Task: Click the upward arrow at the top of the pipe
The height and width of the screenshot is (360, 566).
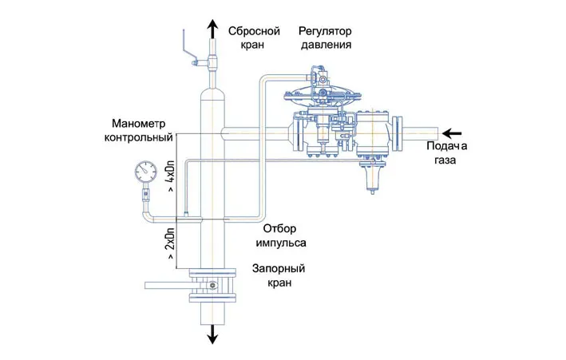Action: pos(212,29)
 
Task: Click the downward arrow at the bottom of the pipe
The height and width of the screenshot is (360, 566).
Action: pos(212,334)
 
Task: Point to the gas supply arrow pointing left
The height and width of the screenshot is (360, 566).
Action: pos(452,133)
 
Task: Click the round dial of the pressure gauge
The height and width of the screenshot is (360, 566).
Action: pos(146,172)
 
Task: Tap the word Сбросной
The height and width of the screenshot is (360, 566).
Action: pos(254,31)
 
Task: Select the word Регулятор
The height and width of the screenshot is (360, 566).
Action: pos(325,31)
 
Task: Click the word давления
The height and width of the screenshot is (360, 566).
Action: pos(326,45)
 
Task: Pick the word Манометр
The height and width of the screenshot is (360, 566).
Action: pos(139,124)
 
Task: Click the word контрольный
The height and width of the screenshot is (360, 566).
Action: pos(139,137)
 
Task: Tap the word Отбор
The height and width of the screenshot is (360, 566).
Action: pos(279,228)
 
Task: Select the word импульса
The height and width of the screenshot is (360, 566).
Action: pos(281,243)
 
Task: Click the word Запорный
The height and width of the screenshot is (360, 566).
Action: pos(279,269)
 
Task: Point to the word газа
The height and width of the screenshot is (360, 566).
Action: pos(445,160)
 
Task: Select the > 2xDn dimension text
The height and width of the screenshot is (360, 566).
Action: pos(171,243)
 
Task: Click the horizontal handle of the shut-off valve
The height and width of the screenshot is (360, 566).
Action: pos(168,285)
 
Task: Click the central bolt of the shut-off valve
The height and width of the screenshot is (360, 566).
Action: pos(212,286)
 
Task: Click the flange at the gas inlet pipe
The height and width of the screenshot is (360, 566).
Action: pos(397,133)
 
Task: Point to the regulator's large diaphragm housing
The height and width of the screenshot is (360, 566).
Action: pos(323,95)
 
